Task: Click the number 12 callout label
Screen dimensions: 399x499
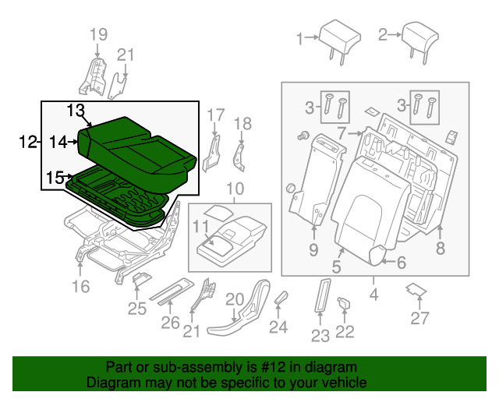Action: pyautogui.click(x=28, y=141)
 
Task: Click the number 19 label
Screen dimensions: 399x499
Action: pyautogui.click(x=97, y=34)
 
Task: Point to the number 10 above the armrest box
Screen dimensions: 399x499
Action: pyautogui.click(x=234, y=189)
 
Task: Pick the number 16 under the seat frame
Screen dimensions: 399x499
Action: pyautogui.click(x=82, y=288)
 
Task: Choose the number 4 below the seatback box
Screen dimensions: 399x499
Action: pyautogui.click(x=373, y=295)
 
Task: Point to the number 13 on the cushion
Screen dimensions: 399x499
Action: pyautogui.click(x=76, y=110)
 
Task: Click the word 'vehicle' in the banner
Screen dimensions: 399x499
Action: pyautogui.click(x=346, y=383)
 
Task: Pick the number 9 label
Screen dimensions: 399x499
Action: pyautogui.click(x=313, y=250)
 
